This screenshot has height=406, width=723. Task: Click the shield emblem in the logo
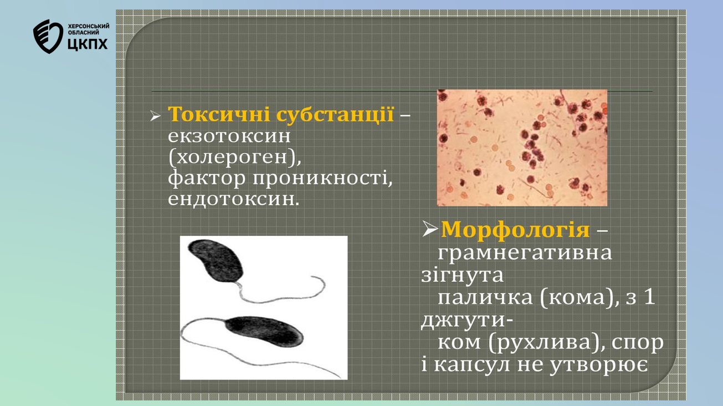pos(48,36)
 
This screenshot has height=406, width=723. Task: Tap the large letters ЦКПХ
pos(88,44)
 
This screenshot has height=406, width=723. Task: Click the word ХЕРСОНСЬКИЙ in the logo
pos(89,26)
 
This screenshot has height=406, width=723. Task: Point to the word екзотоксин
pos(229,136)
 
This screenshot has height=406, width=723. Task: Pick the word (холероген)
pos(235,158)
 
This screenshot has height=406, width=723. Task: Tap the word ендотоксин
pos(234,199)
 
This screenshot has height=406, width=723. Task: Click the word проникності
pos(322,178)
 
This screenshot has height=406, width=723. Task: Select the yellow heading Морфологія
pos(515,230)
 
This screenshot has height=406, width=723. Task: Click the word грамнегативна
pos(525,253)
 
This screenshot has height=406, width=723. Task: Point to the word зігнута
pos(462,275)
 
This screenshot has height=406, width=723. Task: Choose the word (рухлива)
pos(542,342)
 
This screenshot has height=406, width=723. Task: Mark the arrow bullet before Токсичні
pos(155,116)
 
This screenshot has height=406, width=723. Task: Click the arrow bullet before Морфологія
pos(430,229)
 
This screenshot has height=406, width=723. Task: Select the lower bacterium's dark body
pos(264,331)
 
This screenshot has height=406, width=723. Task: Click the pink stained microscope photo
pos(522,148)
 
